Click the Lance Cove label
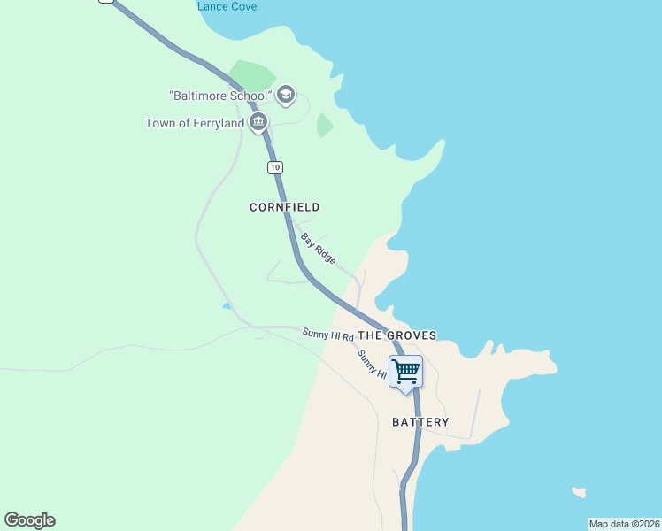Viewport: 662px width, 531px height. pos(227,6)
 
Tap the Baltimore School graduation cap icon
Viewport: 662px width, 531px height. pos(285,94)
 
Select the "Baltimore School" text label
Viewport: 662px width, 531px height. pos(220,95)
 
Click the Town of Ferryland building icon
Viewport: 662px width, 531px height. pos(258,122)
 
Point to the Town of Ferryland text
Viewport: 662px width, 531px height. pos(195,124)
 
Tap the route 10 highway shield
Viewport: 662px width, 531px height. pos(275,167)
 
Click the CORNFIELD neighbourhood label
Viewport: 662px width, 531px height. pos(284,207)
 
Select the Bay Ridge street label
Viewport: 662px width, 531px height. pos(318,248)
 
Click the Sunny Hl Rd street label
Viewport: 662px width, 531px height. pos(327,335)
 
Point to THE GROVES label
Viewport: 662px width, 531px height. pos(397,336)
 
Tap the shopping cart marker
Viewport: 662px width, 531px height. pos(405,370)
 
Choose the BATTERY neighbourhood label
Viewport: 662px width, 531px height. pos(420,423)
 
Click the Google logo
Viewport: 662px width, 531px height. pos(29,520)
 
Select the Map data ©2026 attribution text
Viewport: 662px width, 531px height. pos(624,524)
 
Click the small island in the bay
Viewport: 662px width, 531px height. pos(579,491)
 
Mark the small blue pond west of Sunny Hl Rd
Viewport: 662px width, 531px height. pos(227,305)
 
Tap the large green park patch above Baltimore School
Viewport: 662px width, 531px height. pos(251,76)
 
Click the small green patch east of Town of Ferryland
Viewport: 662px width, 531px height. pos(325,126)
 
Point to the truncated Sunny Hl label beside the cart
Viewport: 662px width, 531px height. pos(373,366)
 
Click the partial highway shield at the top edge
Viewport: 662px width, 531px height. pos(107,2)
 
